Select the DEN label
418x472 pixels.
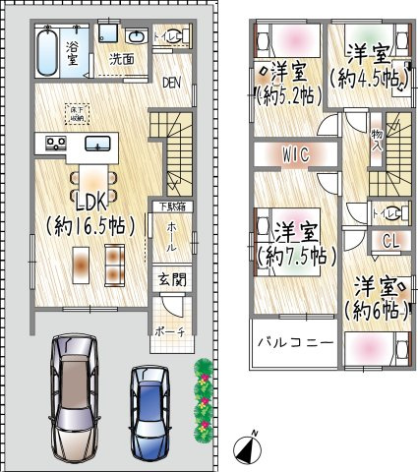click(172, 83)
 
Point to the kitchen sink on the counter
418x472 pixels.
click(96, 144)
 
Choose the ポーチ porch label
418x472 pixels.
click(169, 332)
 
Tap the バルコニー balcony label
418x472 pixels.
click(295, 343)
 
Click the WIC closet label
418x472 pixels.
click(294, 154)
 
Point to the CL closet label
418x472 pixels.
click(389, 240)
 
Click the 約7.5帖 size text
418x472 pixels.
click(296, 255)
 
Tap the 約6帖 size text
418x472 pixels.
click(376, 310)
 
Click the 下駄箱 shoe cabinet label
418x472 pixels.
click(171, 206)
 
